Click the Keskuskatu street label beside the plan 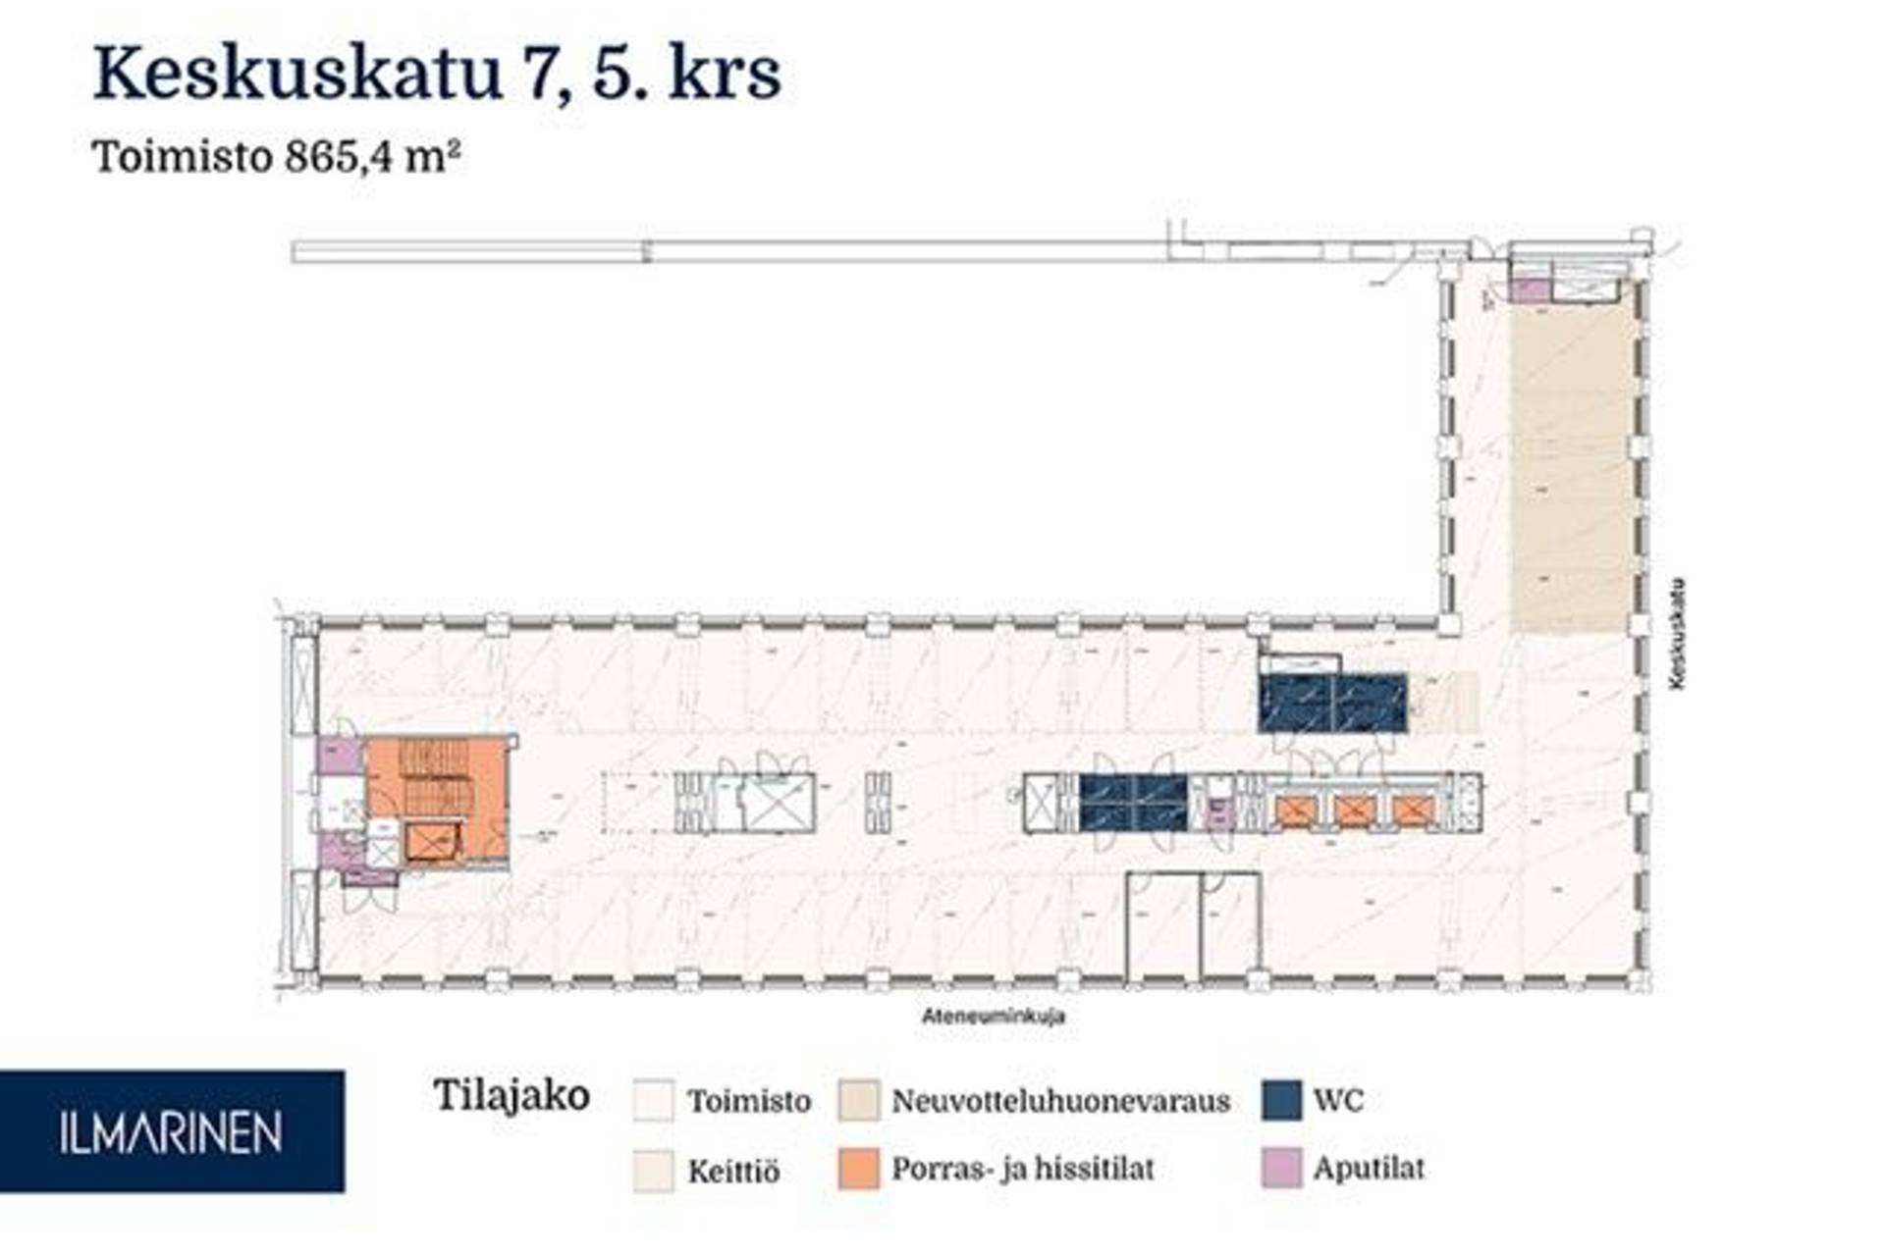[1677, 634]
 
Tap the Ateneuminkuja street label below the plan [993, 1016]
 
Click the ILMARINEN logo [172, 1131]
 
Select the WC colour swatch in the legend [1281, 1100]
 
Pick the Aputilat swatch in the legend [1281, 1168]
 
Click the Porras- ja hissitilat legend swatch [858, 1169]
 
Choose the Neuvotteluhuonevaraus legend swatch [858, 1100]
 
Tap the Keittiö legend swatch [654, 1170]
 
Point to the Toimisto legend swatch [654, 1100]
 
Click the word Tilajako [512, 1095]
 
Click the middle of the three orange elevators [1354, 811]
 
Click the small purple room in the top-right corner [1528, 290]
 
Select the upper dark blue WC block [1332, 703]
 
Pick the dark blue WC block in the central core [1133, 803]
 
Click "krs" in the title [725, 74]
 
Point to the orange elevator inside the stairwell [431, 842]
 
